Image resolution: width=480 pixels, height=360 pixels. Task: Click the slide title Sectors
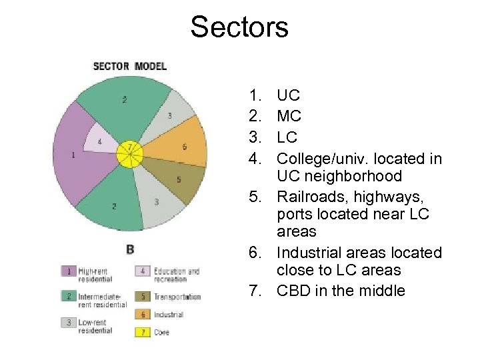click(239, 27)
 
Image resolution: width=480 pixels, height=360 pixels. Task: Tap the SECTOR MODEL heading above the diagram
click(129, 66)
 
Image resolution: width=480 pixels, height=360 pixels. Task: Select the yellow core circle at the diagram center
click(129, 155)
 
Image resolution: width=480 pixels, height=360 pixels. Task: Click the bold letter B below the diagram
click(130, 249)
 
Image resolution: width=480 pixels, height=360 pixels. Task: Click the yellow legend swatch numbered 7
click(143, 331)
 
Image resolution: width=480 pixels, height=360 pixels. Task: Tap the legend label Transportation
click(177, 297)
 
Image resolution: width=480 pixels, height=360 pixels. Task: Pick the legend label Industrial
click(169, 315)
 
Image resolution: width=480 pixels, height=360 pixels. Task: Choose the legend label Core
click(161, 332)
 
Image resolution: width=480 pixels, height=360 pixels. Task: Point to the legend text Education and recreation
click(177, 275)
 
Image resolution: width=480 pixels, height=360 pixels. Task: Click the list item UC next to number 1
click(288, 95)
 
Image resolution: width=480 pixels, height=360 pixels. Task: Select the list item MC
click(289, 116)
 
